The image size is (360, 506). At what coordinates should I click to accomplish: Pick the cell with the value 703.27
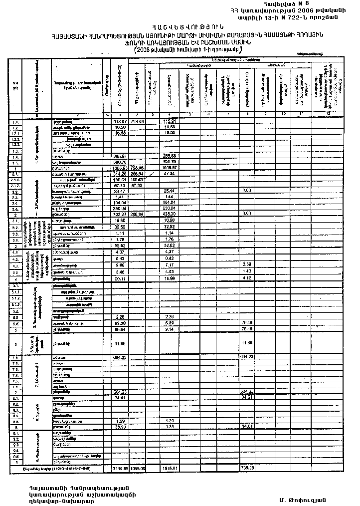click(x=119, y=215)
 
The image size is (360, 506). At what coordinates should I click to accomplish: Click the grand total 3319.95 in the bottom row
click(x=119, y=469)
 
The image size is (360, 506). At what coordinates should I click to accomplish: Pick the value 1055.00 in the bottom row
click(x=137, y=469)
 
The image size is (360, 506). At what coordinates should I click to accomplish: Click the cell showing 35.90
click(x=119, y=427)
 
